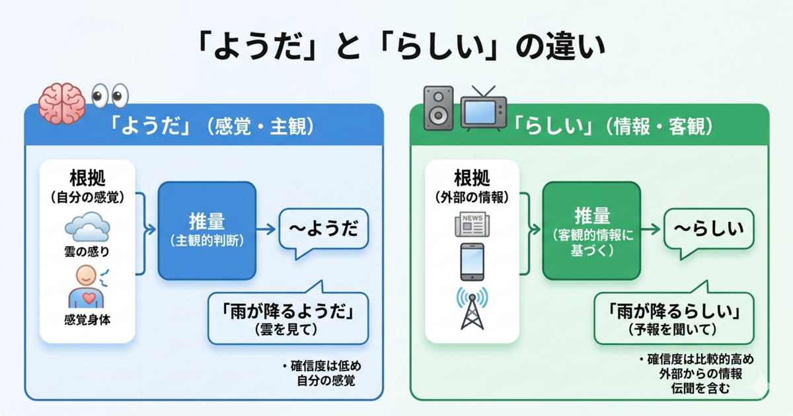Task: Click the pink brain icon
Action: click(61, 104)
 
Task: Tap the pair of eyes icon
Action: click(108, 96)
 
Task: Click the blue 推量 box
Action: click(206, 230)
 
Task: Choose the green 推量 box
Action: click(591, 230)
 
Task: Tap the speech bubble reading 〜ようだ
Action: click(323, 229)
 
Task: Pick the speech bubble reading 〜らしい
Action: click(708, 229)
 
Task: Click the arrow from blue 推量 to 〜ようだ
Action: click(266, 229)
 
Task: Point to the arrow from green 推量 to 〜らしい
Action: click(651, 229)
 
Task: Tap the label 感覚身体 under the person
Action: click(87, 320)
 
